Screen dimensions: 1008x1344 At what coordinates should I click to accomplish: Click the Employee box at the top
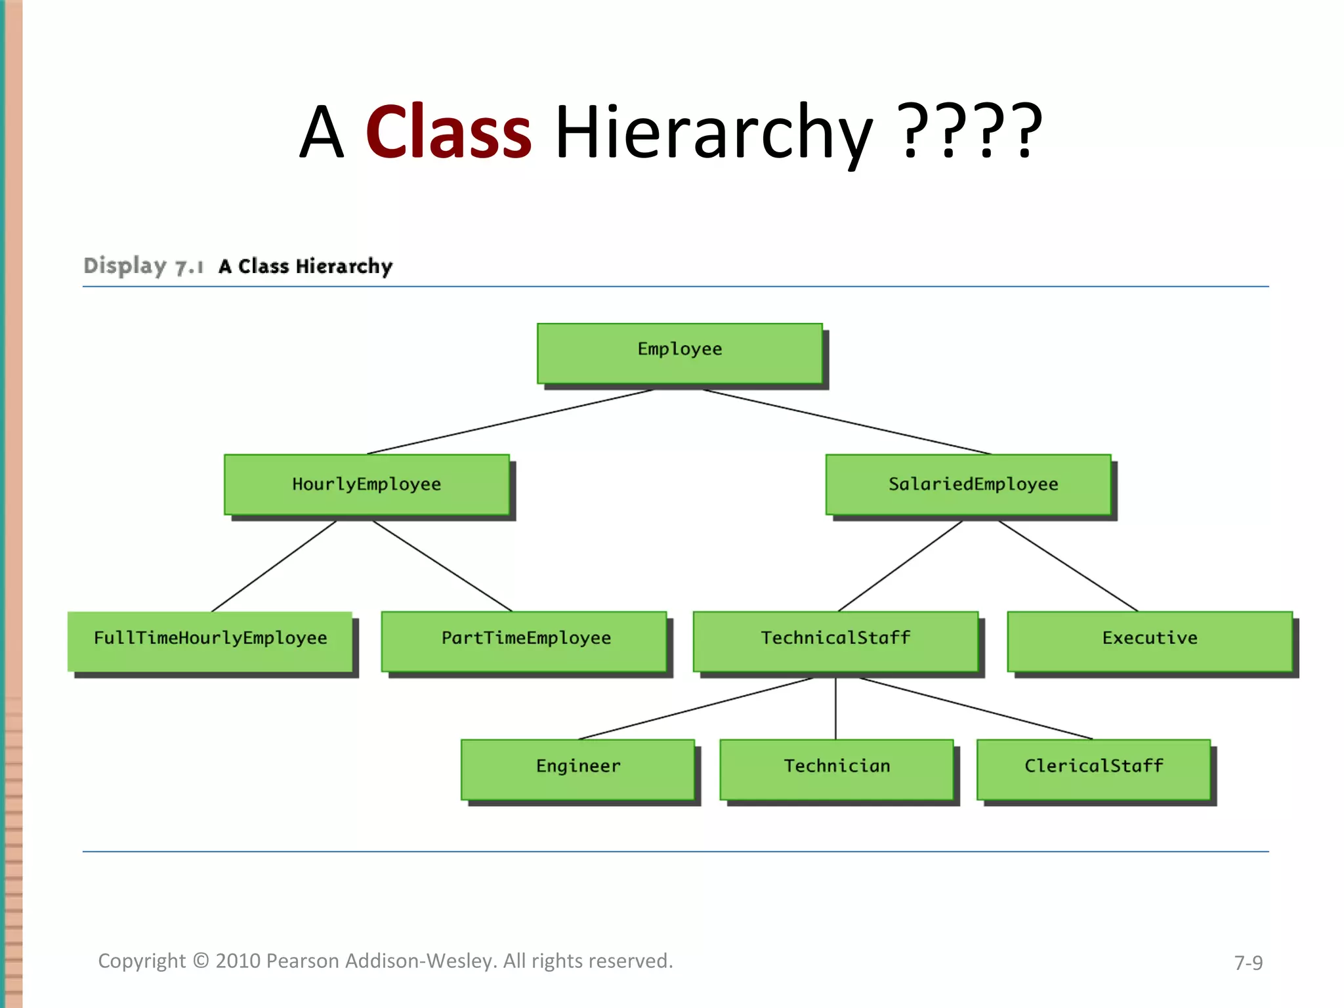(679, 352)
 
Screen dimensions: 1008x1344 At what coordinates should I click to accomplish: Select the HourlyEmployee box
(366, 484)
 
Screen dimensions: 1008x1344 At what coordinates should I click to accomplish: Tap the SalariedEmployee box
(968, 484)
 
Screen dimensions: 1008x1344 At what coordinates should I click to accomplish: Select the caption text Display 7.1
(143, 266)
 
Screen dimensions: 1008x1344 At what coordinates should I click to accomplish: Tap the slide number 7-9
(1248, 963)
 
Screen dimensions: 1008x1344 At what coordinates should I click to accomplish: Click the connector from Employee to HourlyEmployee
(510, 422)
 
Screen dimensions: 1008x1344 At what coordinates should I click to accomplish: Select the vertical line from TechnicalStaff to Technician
(835, 709)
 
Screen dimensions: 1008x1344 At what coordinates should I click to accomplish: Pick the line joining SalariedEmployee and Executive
(1068, 566)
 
